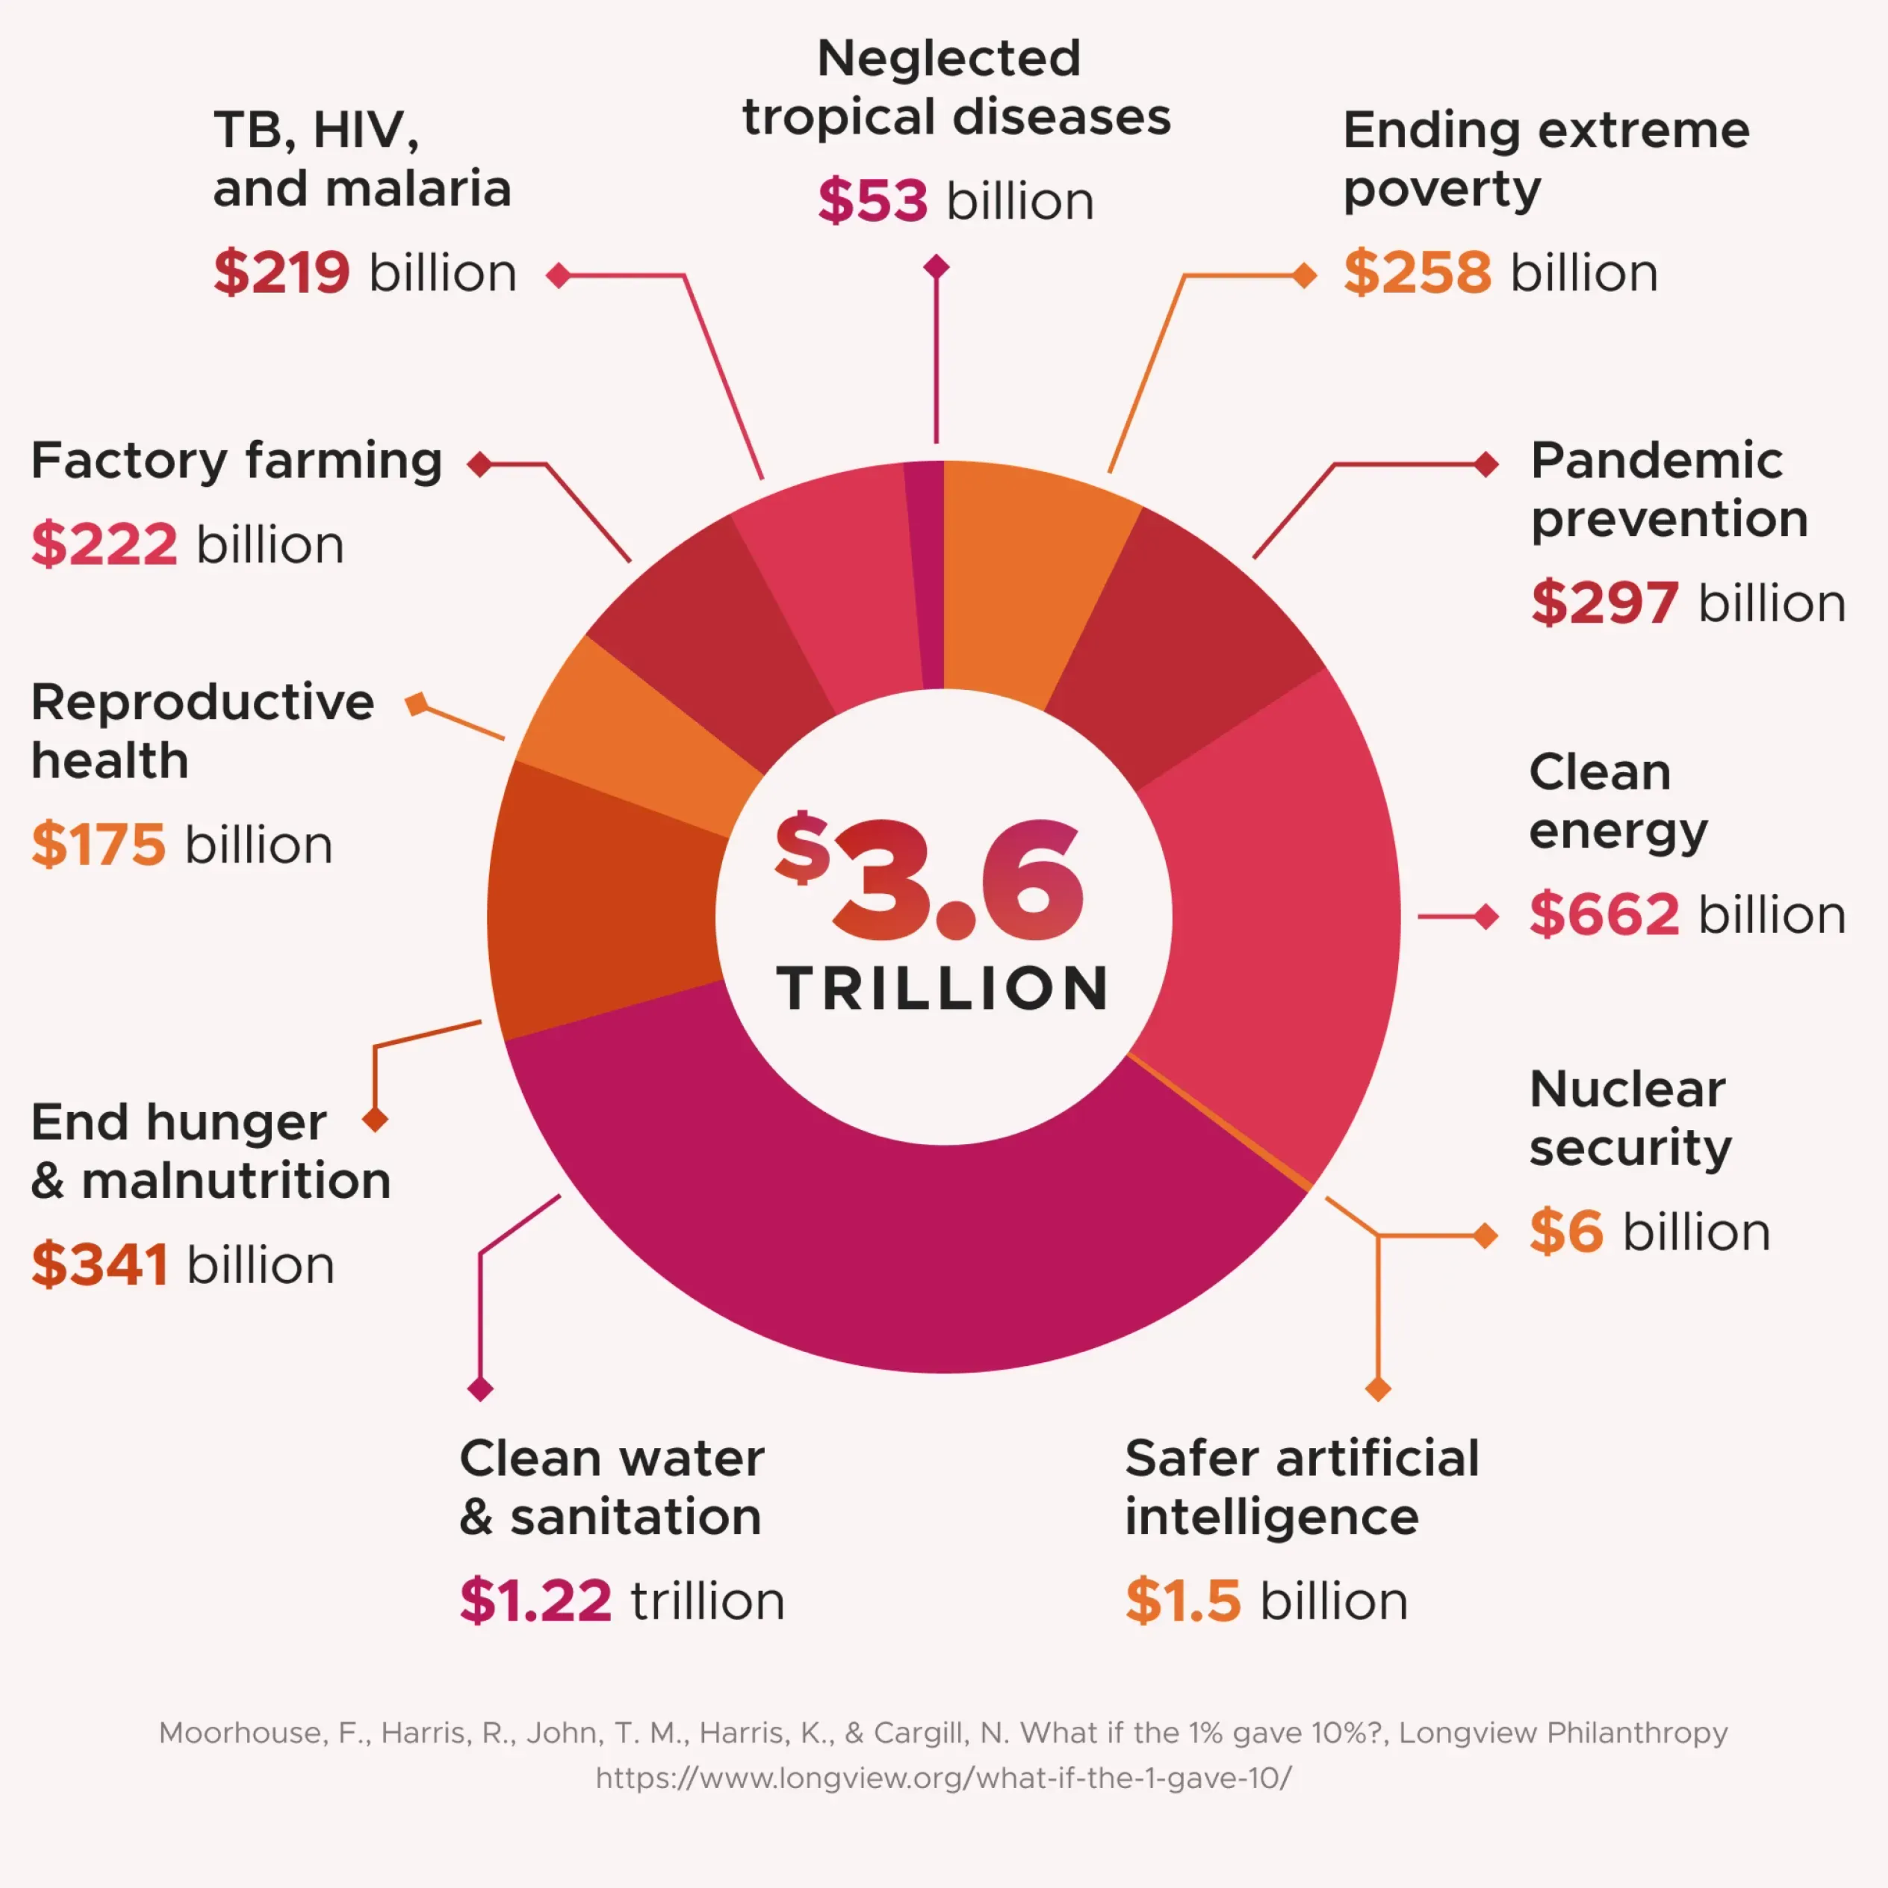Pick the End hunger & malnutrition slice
click(601, 899)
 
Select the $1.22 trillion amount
click(535, 1601)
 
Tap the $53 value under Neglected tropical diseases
click(872, 201)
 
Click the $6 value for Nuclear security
click(1565, 1231)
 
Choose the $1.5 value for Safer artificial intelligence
click(1182, 1601)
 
